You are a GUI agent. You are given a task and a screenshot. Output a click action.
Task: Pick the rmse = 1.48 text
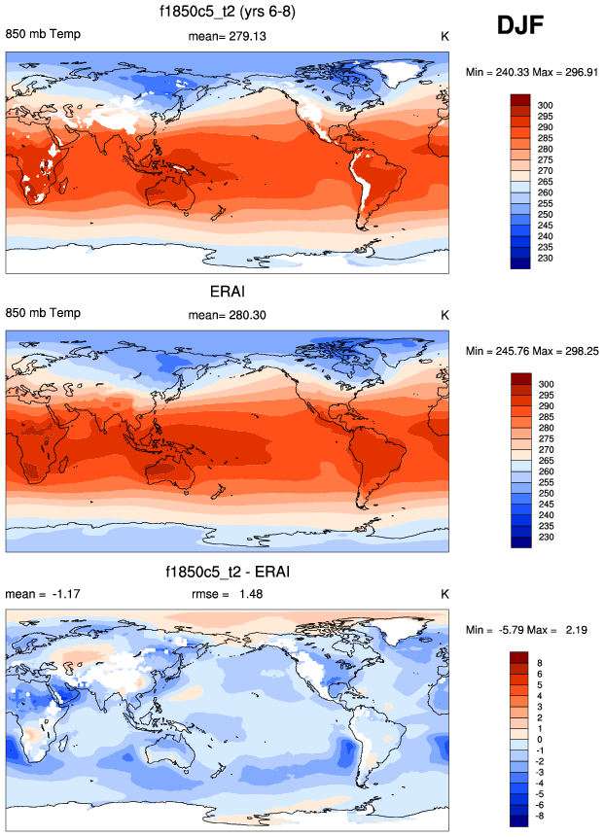click(x=227, y=594)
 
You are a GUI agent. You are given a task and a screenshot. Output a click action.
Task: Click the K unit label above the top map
click(x=444, y=36)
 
